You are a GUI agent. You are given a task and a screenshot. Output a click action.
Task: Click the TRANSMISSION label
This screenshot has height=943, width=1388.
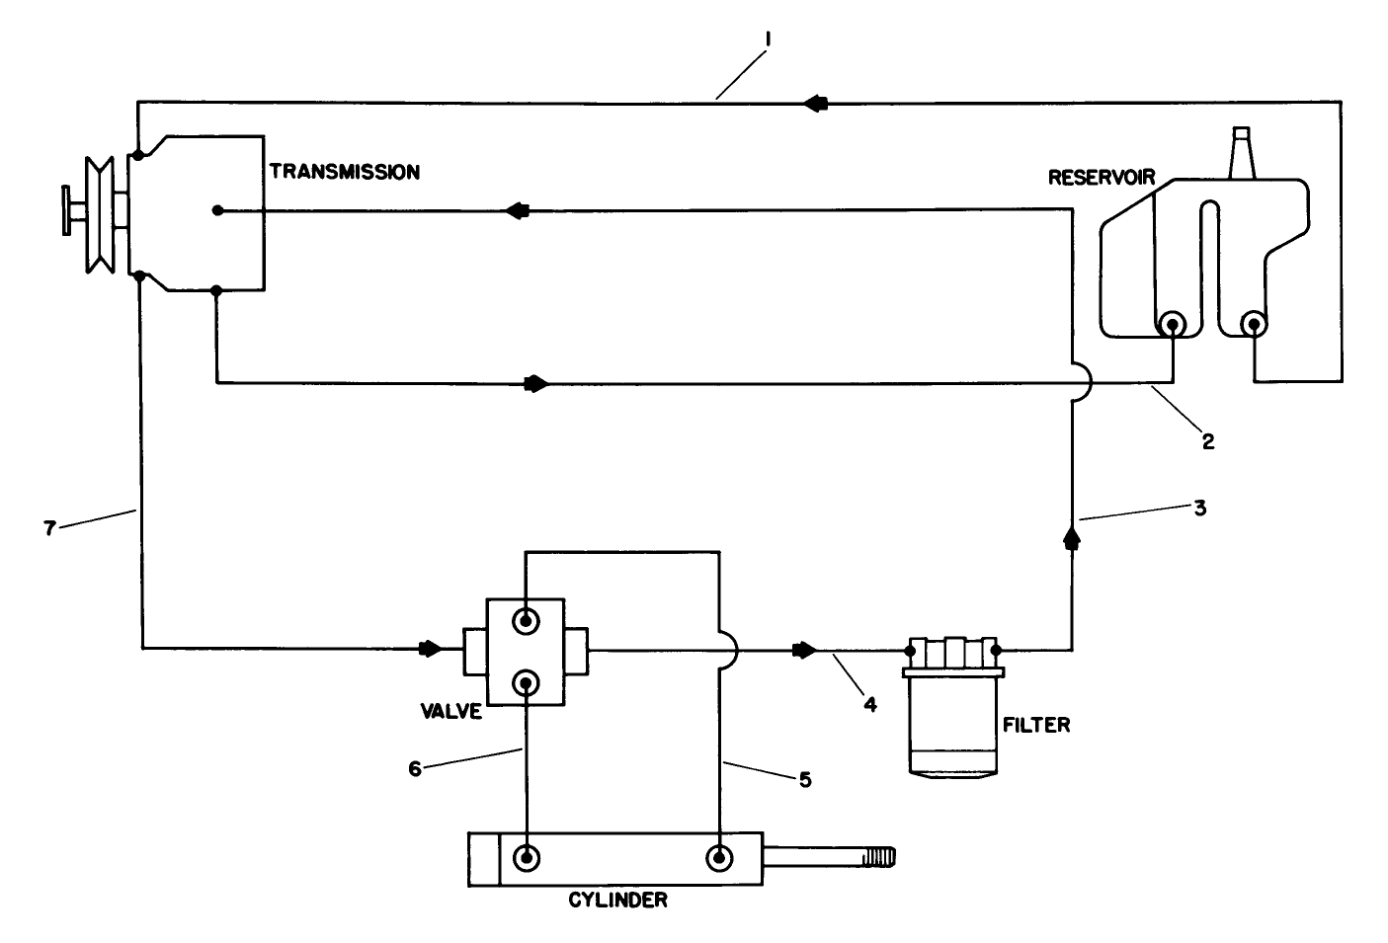point(344,172)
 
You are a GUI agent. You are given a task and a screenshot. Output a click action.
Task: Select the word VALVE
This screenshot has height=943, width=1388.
point(449,711)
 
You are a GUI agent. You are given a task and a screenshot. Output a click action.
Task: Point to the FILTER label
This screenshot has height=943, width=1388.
point(1035,725)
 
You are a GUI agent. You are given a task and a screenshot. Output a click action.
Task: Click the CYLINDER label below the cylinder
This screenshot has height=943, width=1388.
point(617,900)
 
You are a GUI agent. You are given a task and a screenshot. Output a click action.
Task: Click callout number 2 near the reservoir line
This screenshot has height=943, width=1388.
point(1207,441)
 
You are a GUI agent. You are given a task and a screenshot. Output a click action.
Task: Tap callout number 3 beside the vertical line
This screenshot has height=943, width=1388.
point(1200,511)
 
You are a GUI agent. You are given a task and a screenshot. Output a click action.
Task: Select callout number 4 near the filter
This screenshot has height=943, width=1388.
point(869,704)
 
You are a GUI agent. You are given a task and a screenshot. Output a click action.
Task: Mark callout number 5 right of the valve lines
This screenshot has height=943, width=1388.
point(804,780)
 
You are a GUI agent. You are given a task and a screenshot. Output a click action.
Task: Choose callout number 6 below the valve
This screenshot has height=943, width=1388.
point(415,767)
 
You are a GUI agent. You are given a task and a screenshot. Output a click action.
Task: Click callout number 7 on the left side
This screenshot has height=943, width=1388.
point(48,527)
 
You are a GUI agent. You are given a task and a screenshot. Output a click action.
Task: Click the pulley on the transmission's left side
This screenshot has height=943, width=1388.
point(100,212)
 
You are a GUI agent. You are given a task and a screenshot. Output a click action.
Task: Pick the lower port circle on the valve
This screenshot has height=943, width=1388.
point(526,682)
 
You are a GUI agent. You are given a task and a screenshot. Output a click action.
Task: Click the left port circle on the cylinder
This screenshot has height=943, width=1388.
point(526,856)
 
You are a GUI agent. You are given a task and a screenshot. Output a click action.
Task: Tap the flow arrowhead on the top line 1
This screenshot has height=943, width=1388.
point(816,103)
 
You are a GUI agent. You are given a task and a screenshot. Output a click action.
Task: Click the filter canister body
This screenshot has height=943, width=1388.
point(953,726)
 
